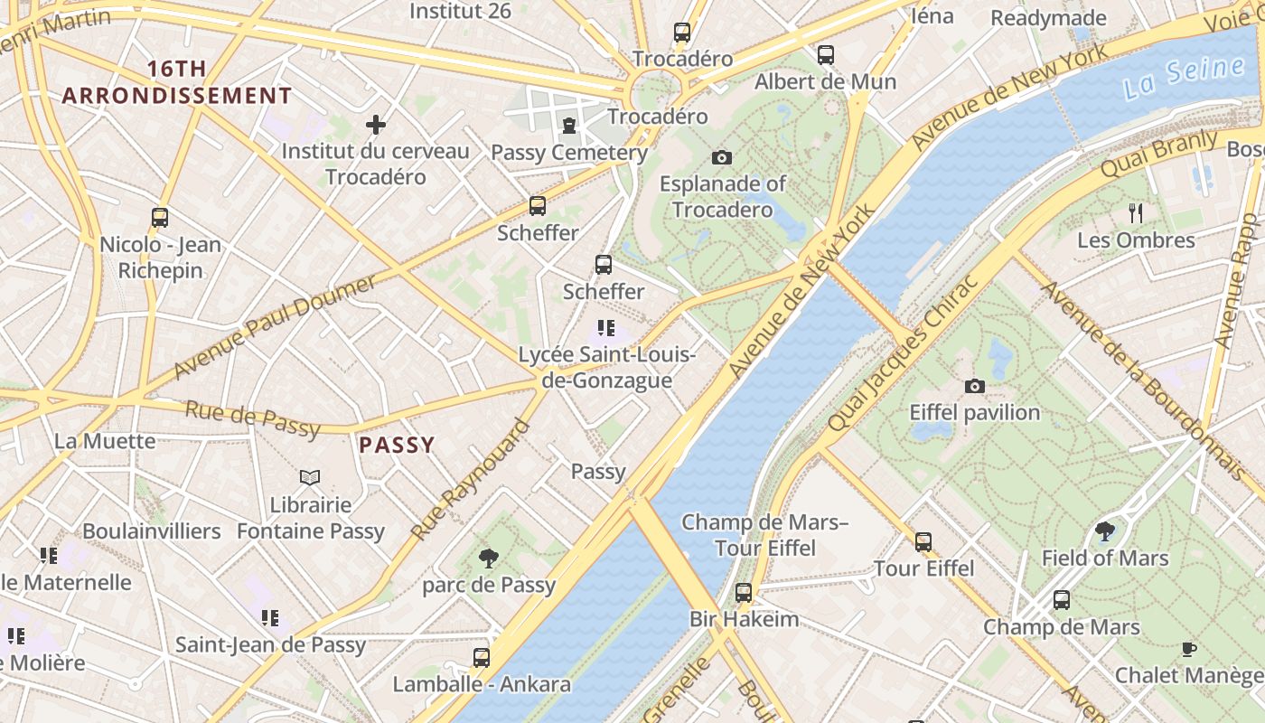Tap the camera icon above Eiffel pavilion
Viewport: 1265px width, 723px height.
pyautogui.click(x=974, y=387)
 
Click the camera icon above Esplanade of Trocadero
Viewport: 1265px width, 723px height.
pyautogui.click(x=721, y=158)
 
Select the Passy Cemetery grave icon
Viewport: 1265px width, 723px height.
pyautogui.click(x=569, y=126)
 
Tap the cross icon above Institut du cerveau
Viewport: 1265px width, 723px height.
pyautogui.click(x=376, y=125)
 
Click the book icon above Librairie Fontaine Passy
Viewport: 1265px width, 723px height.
pyautogui.click(x=310, y=477)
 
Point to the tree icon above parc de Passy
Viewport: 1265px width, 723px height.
pyautogui.click(x=489, y=558)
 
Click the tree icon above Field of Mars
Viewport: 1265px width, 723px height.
pyautogui.click(x=1104, y=531)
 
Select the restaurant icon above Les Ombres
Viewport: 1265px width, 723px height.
pyautogui.click(x=1136, y=213)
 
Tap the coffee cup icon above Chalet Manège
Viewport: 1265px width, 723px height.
pyautogui.click(x=1189, y=649)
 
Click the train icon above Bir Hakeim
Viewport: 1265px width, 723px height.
pyautogui.click(x=743, y=593)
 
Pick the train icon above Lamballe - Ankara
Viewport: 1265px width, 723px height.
pyautogui.click(x=482, y=657)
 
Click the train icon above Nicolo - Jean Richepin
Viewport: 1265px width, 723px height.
pyautogui.click(x=160, y=218)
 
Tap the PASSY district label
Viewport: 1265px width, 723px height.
pyautogui.click(x=397, y=445)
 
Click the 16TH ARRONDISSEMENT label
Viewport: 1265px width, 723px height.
pyautogui.click(x=177, y=82)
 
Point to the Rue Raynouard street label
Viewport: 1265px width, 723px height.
pyautogui.click(x=470, y=480)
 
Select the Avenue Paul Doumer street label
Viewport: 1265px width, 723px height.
pyautogui.click(x=274, y=328)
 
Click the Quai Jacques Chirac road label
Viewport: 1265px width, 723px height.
pyautogui.click(x=903, y=352)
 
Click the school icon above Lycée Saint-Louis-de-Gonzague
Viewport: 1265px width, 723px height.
pyautogui.click(x=605, y=328)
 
